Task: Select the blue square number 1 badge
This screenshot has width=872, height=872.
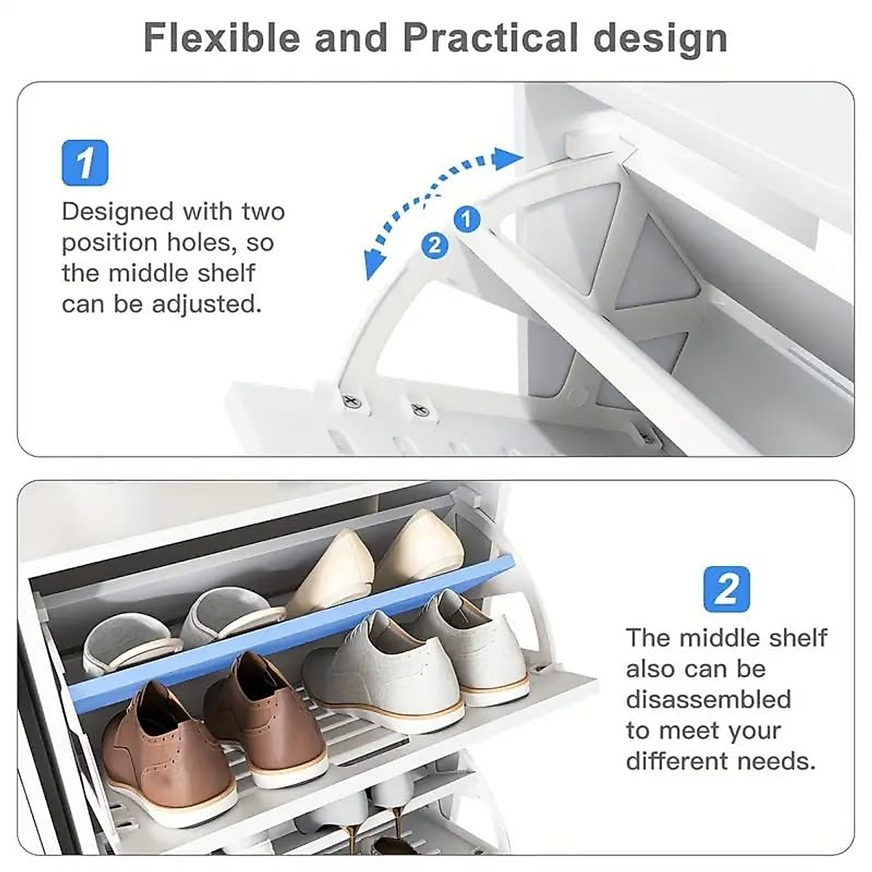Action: tap(85, 163)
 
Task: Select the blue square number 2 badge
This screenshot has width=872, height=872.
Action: tap(726, 588)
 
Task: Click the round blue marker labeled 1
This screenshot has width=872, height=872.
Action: tap(467, 219)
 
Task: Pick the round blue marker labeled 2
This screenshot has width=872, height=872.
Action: tap(435, 245)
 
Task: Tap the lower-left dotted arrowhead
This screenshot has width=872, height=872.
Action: tap(375, 265)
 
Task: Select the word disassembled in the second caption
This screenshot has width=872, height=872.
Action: tap(708, 699)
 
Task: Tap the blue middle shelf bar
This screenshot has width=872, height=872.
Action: tap(291, 632)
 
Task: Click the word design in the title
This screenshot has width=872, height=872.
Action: tap(661, 38)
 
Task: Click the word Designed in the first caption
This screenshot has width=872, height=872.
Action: tap(117, 211)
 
